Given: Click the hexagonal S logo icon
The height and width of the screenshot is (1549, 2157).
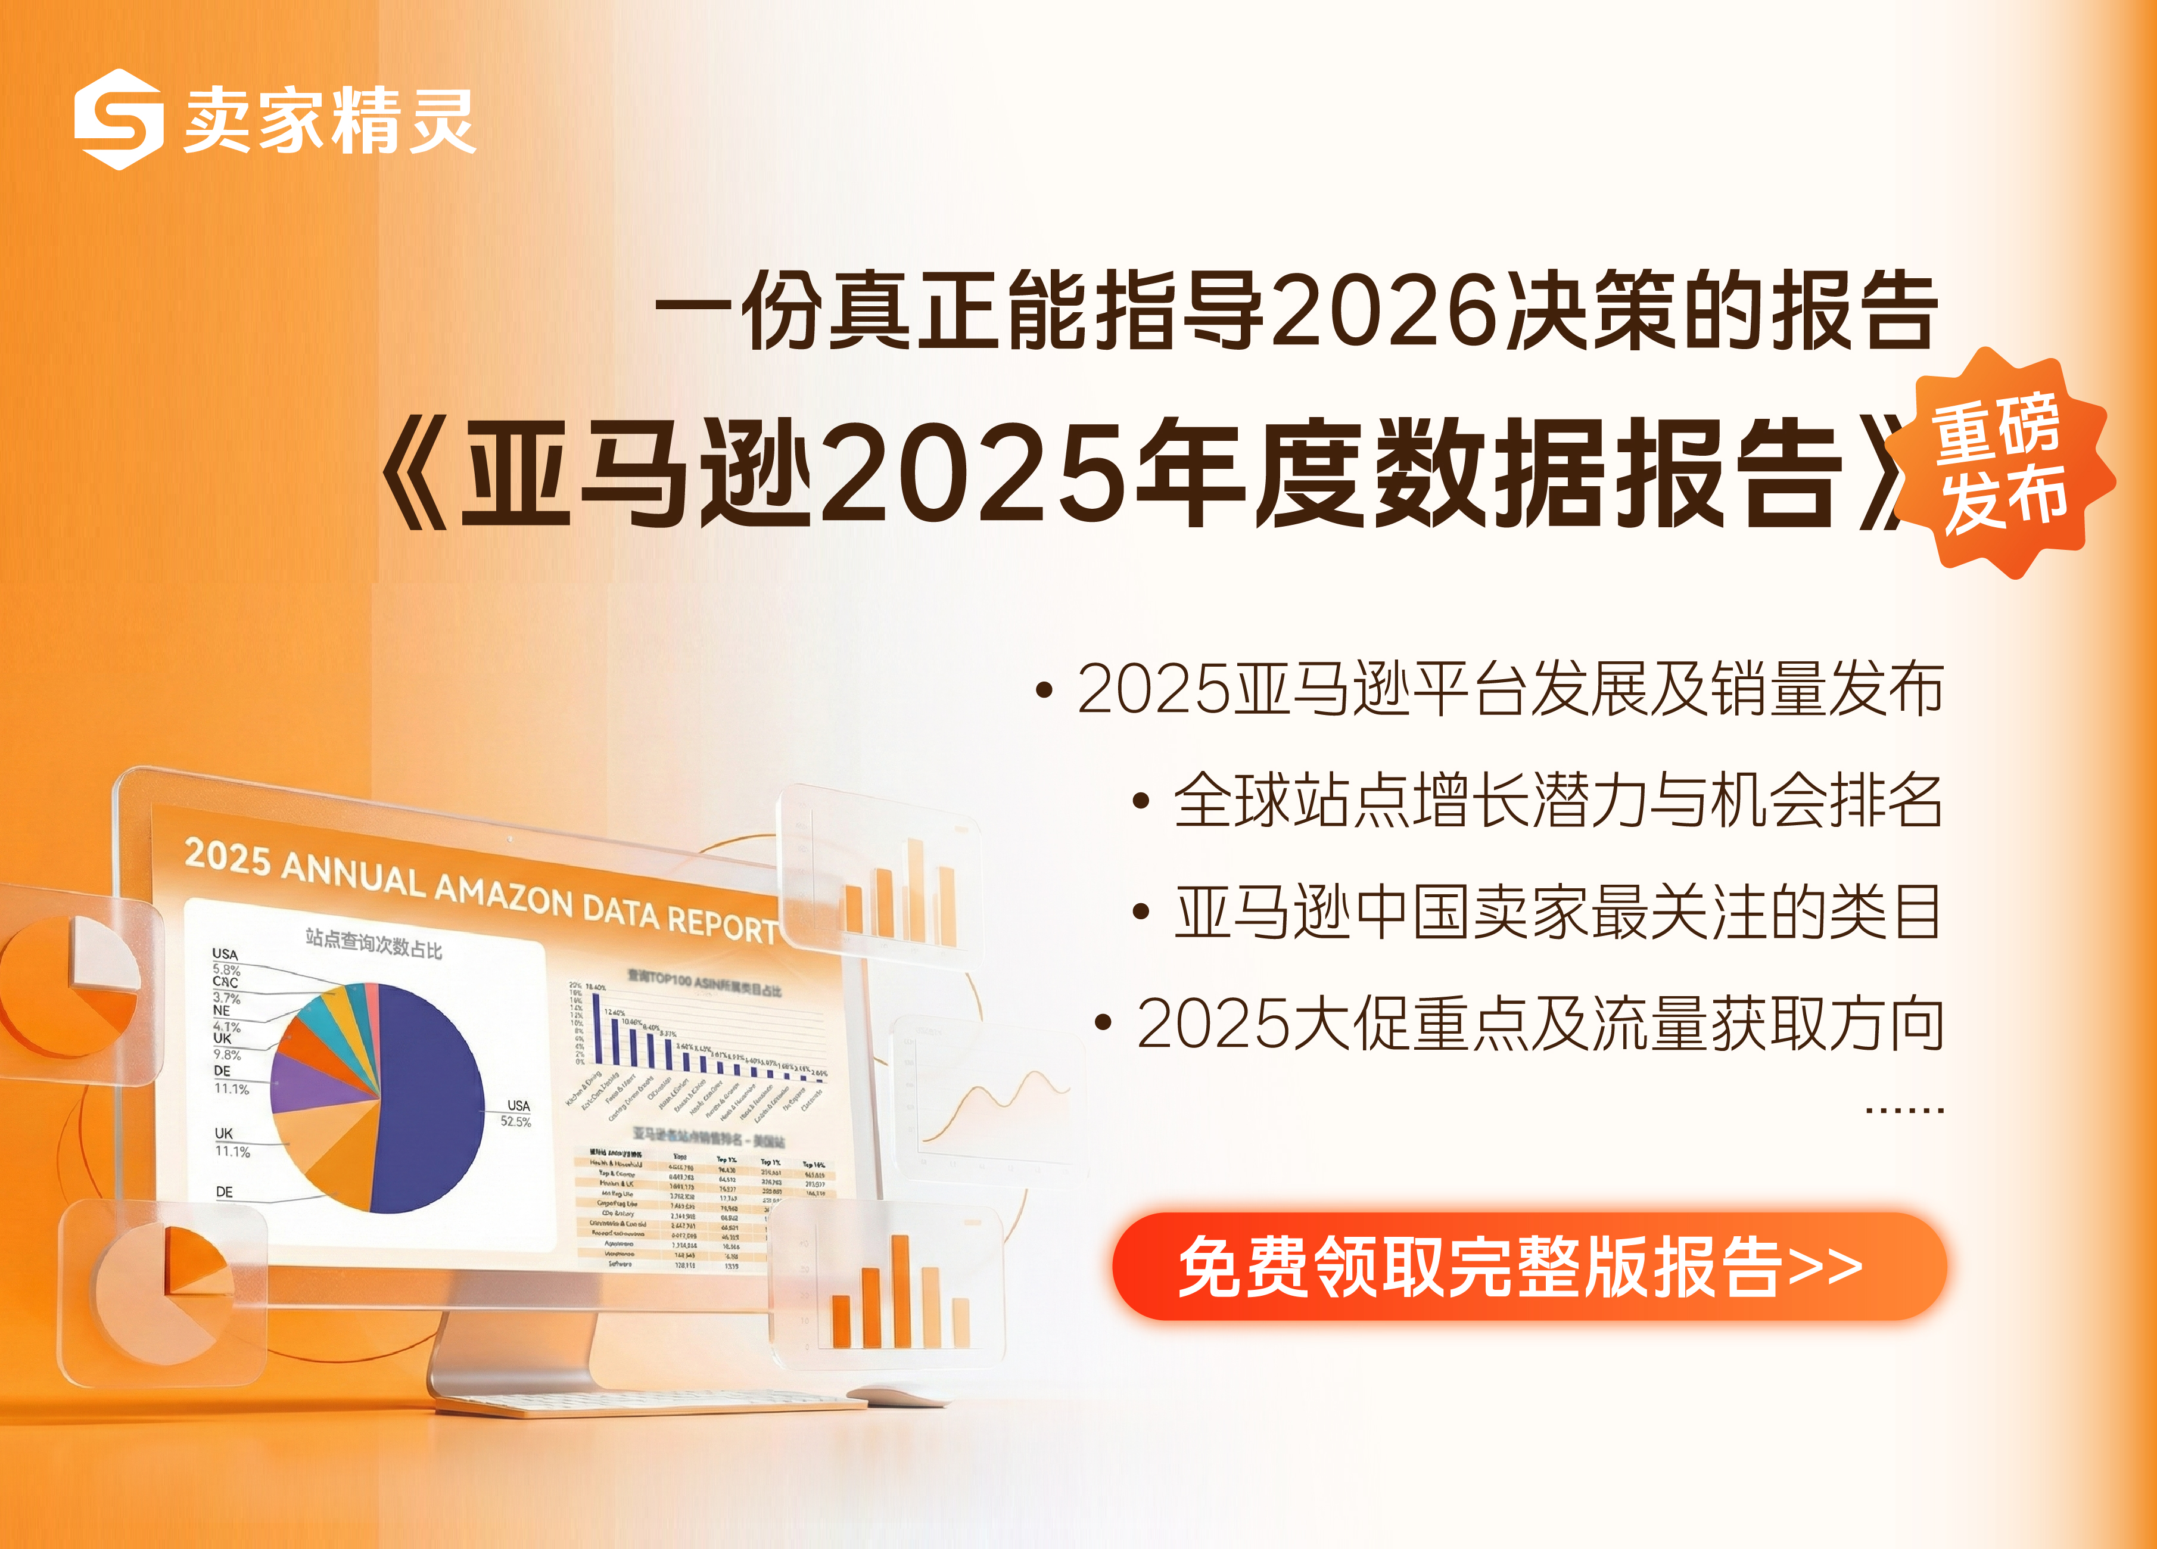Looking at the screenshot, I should click(x=118, y=119).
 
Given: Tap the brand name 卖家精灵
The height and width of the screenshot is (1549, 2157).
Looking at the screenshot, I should click(x=329, y=121).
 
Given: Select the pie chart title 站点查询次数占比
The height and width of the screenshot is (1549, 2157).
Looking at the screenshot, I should click(x=373, y=943).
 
